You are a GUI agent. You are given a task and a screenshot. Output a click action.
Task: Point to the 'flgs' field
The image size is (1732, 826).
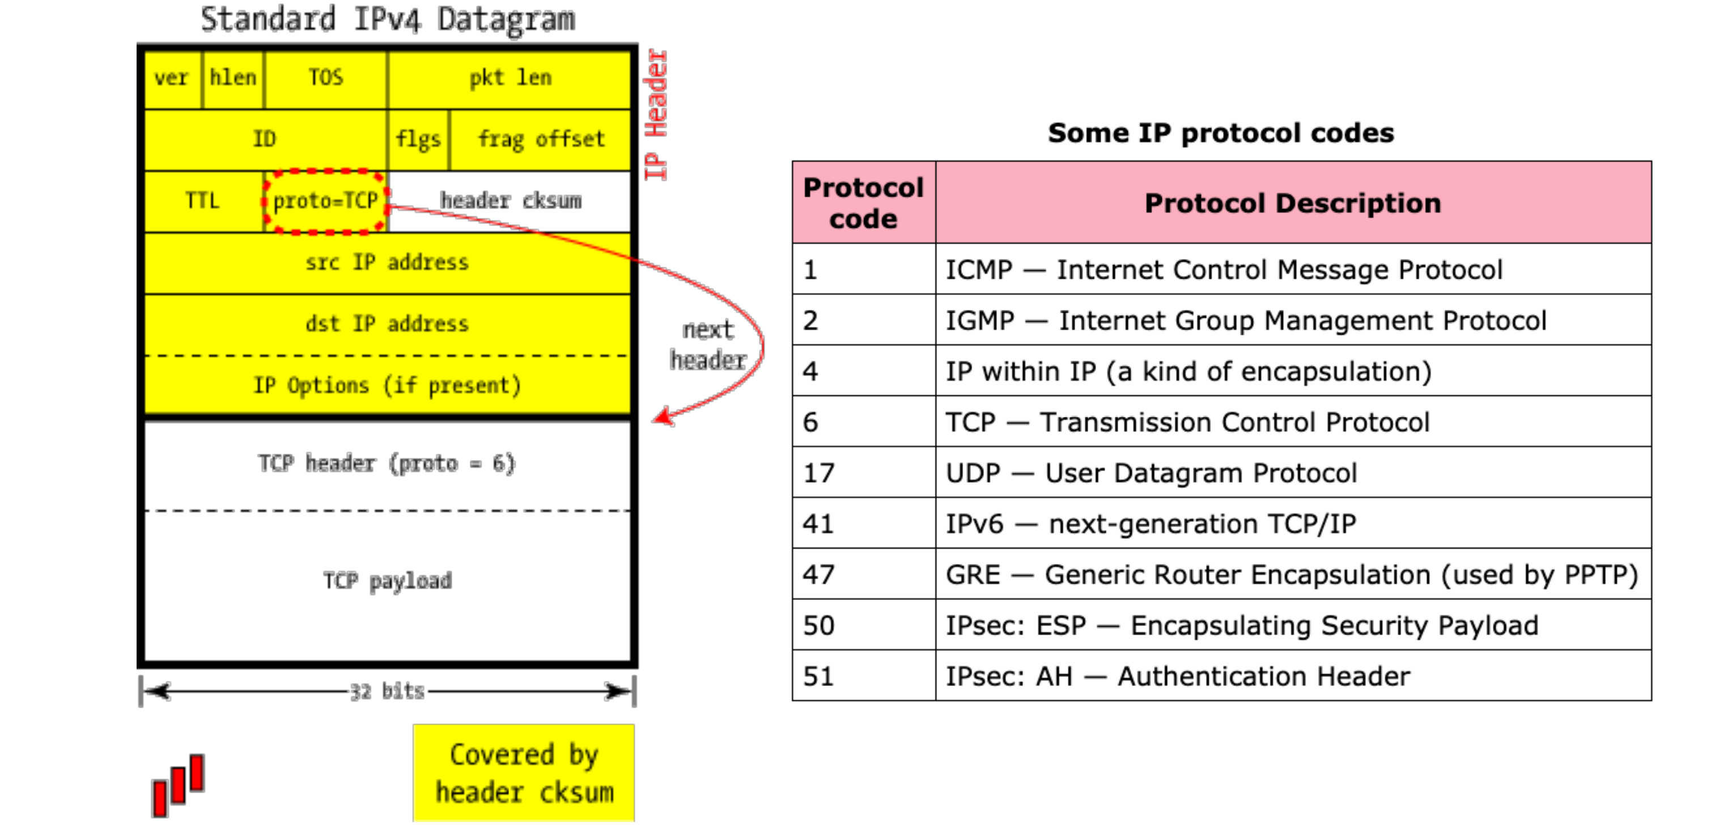click(418, 140)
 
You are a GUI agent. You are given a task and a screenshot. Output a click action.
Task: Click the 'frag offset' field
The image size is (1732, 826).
click(541, 140)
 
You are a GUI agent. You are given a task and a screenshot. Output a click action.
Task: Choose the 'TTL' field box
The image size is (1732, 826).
click(203, 201)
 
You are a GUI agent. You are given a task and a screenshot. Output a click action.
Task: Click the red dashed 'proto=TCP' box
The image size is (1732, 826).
click(325, 201)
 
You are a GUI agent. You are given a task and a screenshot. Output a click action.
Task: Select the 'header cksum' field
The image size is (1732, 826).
click(510, 201)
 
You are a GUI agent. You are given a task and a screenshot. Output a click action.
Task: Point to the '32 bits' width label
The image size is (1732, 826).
click(387, 692)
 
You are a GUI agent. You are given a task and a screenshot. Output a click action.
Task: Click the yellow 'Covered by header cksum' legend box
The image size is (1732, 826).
click(524, 773)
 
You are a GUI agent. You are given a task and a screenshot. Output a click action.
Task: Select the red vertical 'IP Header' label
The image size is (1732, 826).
click(656, 114)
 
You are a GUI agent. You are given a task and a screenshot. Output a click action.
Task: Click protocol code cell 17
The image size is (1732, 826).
click(864, 473)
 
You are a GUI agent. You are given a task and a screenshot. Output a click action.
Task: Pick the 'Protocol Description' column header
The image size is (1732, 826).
click(1293, 202)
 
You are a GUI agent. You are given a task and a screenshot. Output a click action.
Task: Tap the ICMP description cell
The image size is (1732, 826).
click(1293, 270)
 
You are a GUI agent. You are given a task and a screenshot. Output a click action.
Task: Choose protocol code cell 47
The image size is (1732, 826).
click(864, 574)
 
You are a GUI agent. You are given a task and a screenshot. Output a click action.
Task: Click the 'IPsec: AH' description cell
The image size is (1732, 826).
click(1293, 676)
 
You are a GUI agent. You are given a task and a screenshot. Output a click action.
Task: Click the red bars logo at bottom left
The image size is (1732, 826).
click(178, 786)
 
